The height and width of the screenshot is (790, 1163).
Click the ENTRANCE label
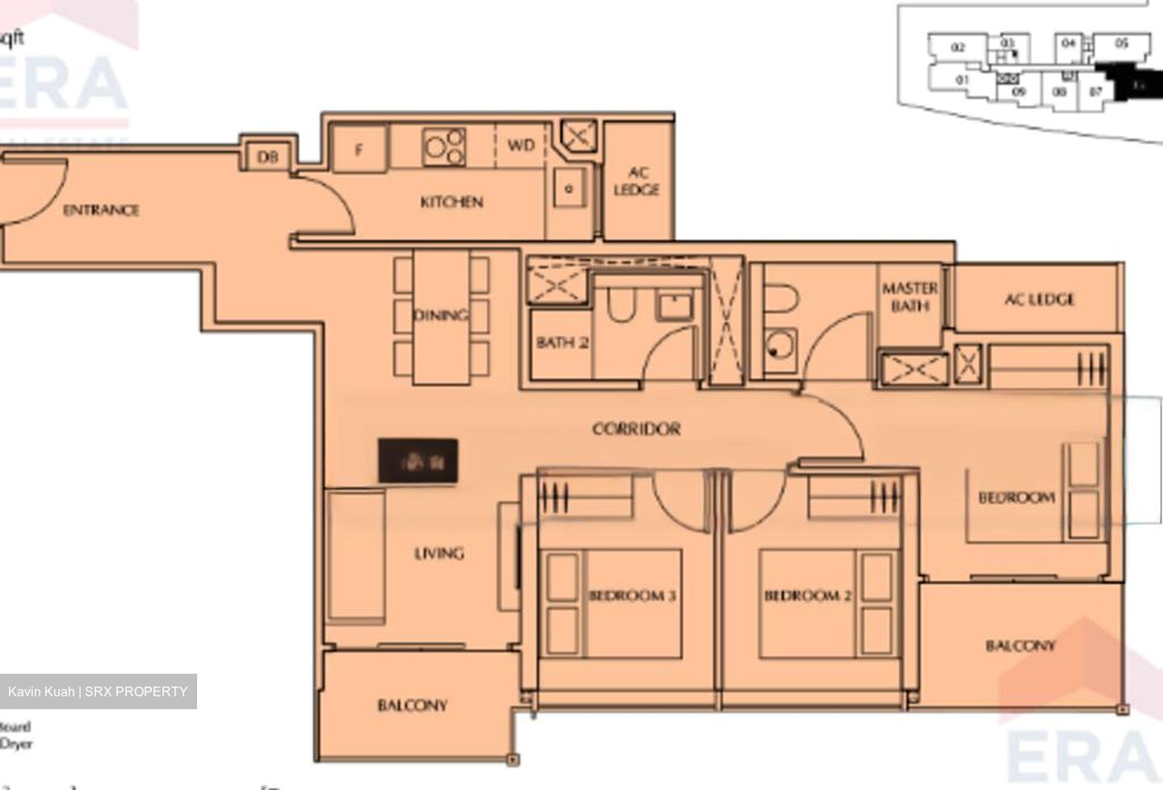(101, 210)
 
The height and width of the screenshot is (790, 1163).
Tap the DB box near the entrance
(268, 157)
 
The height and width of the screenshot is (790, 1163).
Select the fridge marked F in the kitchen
(359, 149)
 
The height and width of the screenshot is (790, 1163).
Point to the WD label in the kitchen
(521, 145)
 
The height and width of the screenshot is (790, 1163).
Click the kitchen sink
(569, 189)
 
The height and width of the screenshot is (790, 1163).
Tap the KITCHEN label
(451, 202)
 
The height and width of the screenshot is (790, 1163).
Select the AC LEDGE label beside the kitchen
(636, 182)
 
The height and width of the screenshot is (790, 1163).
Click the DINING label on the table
(441, 315)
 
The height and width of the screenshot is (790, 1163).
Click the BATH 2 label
(562, 342)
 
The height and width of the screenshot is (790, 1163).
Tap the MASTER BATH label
(909, 296)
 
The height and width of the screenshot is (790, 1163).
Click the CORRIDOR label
(636, 429)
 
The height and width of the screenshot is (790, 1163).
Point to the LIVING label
(439, 553)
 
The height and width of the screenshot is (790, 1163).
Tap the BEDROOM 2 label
(808, 596)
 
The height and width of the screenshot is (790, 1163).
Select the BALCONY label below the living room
(412, 705)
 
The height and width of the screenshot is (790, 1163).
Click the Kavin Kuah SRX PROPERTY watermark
(98, 691)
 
